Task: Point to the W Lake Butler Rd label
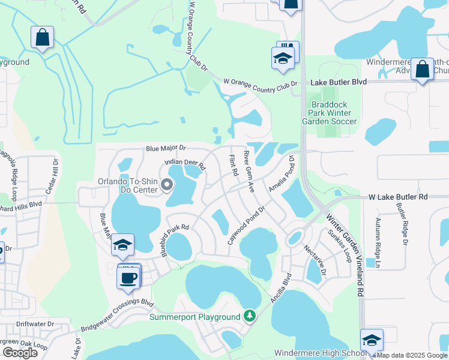point(397,197)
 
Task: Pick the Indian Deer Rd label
point(185,163)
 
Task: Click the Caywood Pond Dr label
point(246,226)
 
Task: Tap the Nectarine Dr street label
point(315,260)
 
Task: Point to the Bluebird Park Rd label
point(175,240)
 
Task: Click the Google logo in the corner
point(20,352)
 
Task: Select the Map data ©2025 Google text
point(412,355)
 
